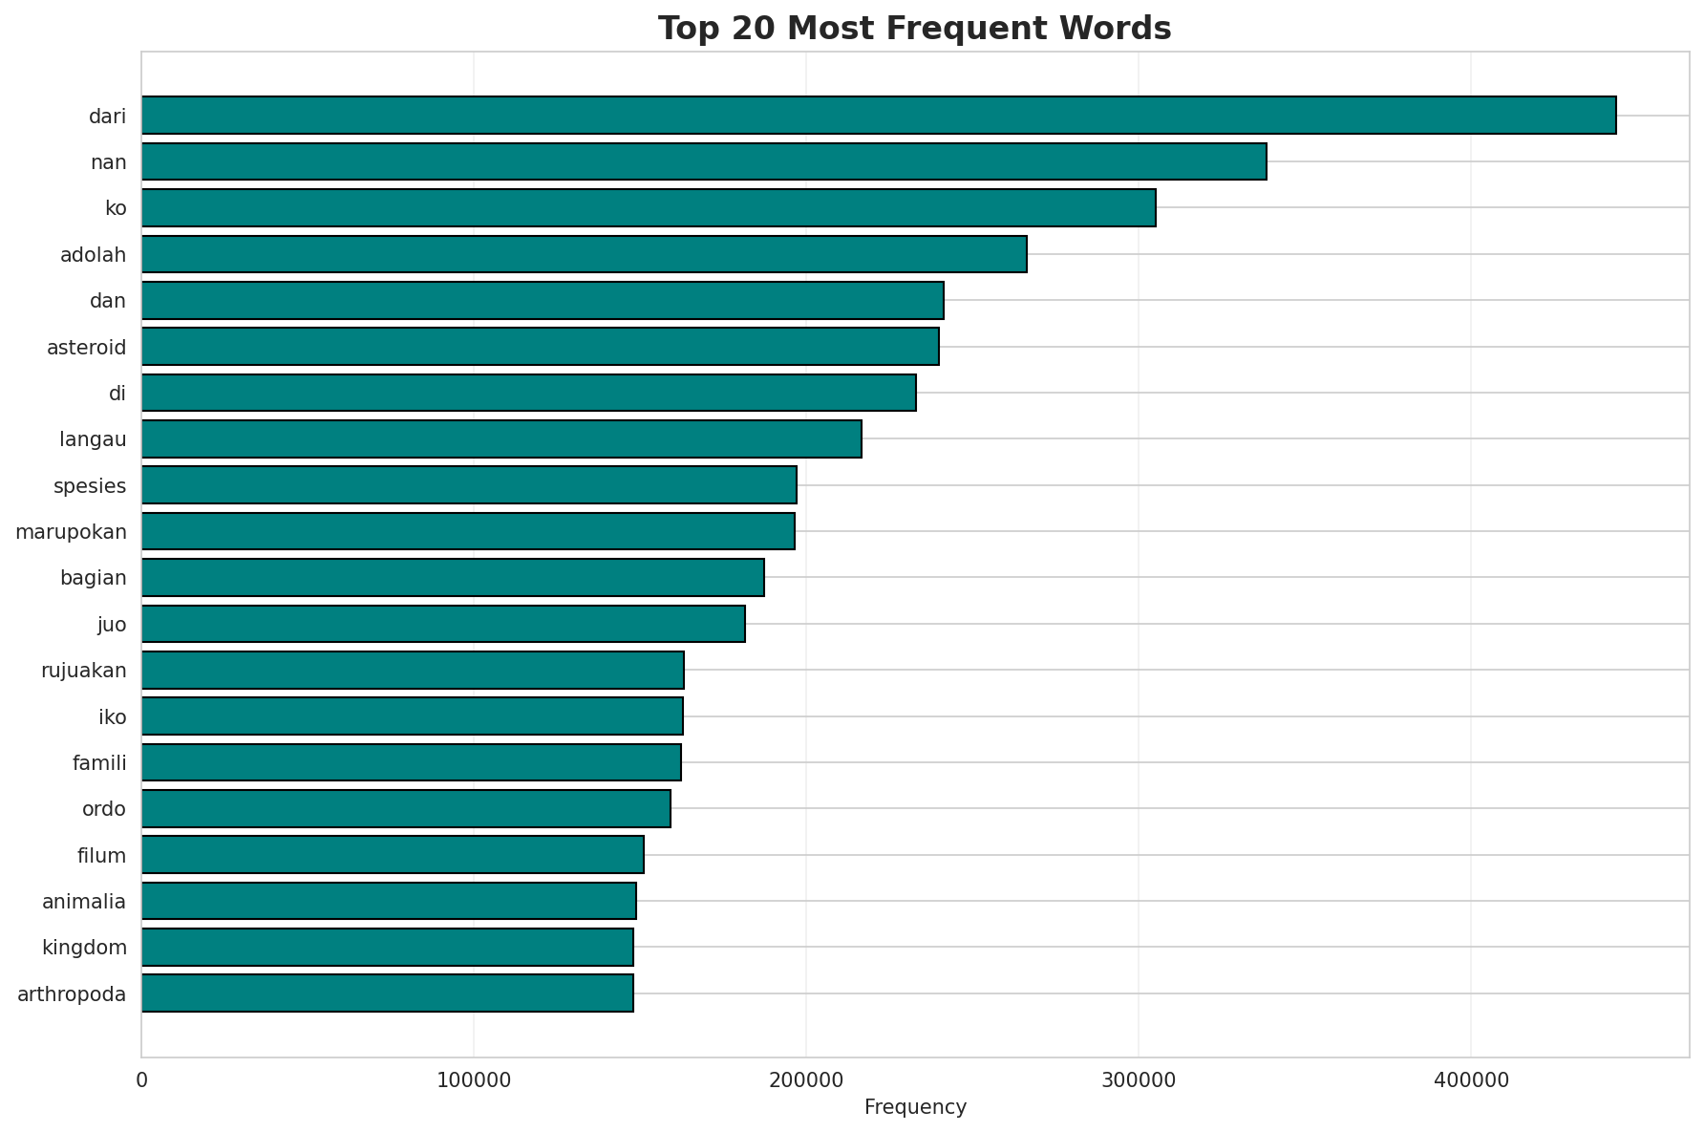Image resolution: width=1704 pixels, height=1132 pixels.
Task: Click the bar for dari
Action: click(879, 116)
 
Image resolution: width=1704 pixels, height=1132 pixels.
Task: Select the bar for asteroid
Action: click(541, 347)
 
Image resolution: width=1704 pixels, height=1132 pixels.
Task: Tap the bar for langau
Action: click(501, 439)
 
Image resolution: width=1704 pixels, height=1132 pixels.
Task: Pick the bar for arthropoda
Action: click(387, 993)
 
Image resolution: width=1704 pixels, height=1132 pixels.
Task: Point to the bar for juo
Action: click(443, 624)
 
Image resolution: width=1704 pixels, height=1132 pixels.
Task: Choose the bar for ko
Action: click(649, 208)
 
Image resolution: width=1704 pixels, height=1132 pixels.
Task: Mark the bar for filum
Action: click(393, 855)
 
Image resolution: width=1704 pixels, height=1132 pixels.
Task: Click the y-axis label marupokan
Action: click(71, 532)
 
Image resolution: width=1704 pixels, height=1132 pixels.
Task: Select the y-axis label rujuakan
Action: click(84, 671)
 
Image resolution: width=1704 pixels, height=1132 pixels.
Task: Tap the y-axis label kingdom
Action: click(84, 948)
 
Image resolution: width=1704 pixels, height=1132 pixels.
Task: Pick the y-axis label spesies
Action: click(90, 486)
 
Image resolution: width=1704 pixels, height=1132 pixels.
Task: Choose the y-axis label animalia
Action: click(84, 902)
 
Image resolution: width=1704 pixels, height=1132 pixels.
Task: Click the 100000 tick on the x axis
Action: click(474, 1080)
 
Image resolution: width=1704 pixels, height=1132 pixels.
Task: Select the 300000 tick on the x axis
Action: click(1138, 1080)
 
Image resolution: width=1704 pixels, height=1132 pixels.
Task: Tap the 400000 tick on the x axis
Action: click(1470, 1080)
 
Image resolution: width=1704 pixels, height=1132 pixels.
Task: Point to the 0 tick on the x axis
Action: click(141, 1080)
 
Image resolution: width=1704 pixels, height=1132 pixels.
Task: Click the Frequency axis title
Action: click(915, 1107)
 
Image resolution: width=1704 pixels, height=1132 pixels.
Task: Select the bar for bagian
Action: click(453, 578)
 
